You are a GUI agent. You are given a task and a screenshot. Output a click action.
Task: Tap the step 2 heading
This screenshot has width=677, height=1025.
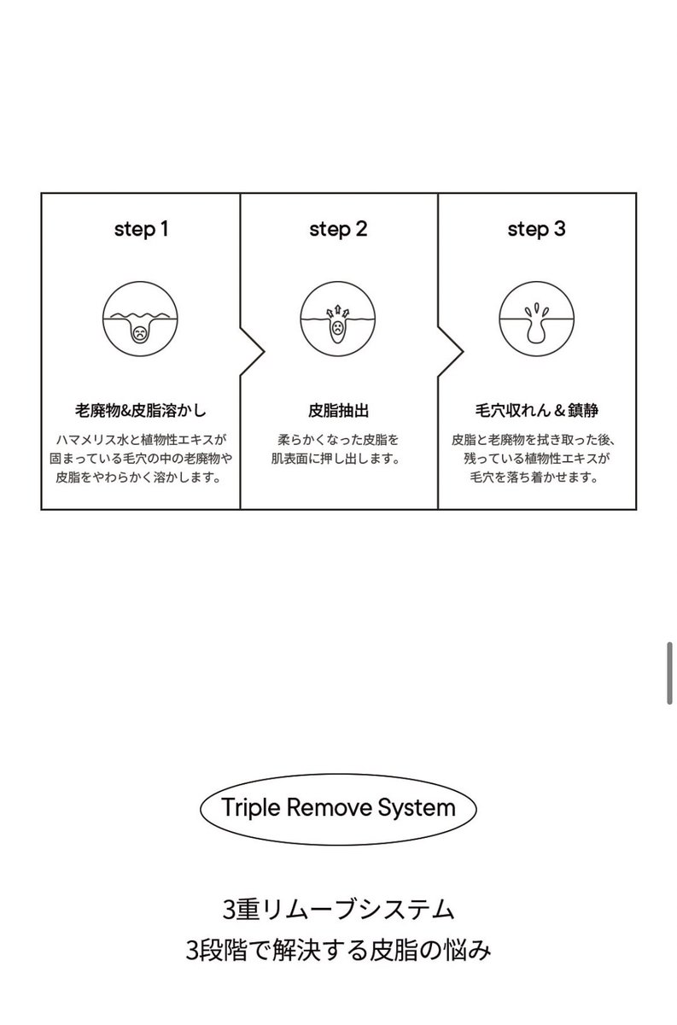(338, 229)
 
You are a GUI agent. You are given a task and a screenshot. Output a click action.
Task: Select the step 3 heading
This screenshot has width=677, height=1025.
(536, 229)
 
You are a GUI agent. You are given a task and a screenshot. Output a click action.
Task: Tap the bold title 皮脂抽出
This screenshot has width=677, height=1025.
(338, 409)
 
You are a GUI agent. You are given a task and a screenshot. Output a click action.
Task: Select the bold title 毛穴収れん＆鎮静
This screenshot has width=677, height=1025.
(536, 409)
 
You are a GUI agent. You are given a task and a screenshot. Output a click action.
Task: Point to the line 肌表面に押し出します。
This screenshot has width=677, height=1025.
(338, 460)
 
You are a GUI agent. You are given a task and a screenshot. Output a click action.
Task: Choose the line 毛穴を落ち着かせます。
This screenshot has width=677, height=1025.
(536, 478)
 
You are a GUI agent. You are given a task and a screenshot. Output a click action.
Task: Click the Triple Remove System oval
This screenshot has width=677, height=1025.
(338, 807)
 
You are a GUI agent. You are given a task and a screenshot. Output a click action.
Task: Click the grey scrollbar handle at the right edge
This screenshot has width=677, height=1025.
(670, 674)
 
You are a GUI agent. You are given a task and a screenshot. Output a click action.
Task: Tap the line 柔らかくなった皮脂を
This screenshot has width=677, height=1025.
(338, 440)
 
